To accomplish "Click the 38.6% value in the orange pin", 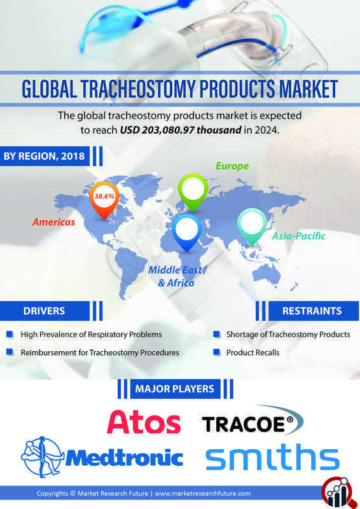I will [x=104, y=197].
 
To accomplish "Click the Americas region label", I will [x=54, y=222].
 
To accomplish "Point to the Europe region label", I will [x=232, y=166].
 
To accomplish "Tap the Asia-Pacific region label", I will [x=298, y=236].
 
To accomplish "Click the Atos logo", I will [x=144, y=422].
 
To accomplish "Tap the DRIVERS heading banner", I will [x=44, y=311].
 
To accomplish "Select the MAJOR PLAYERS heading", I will [x=174, y=388].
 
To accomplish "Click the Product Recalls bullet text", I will [x=253, y=352].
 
